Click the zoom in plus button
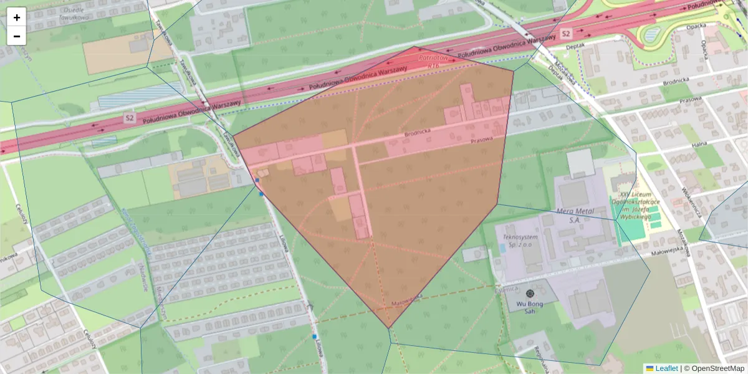point(17,17)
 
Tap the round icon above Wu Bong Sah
point(530,293)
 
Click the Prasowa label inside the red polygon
point(482,139)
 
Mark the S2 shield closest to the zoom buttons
point(130,117)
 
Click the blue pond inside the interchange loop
point(651,34)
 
